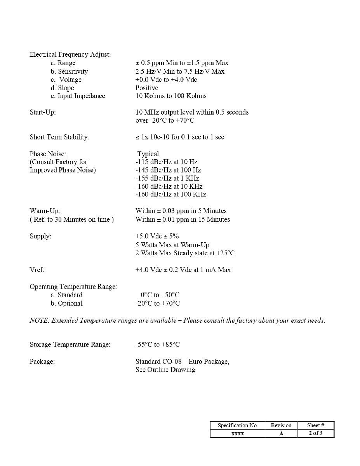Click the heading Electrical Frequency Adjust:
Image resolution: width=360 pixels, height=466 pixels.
[70, 54]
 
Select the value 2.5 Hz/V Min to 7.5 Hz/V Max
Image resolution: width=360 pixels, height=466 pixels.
[180, 71]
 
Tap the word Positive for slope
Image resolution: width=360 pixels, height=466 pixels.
[146, 88]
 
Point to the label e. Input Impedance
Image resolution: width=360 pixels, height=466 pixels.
[78, 96]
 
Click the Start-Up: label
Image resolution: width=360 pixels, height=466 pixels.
[42, 112]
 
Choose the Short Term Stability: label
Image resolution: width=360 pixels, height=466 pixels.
[59, 137]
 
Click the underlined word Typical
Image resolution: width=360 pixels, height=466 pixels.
[148, 154]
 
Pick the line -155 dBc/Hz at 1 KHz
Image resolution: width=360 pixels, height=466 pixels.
[167, 178]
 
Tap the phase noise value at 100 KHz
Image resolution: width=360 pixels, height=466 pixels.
[170, 195]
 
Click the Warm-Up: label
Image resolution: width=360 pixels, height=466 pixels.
[45, 211]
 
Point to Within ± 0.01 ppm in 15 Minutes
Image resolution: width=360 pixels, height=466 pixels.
[183, 219]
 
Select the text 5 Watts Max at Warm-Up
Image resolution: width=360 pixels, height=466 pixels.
[172, 245]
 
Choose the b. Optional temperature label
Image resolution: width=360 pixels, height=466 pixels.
[66, 303]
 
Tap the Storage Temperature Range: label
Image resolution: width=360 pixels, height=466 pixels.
[70, 344]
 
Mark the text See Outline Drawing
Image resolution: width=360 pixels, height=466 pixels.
[165, 370]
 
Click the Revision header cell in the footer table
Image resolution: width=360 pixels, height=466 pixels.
[281, 425]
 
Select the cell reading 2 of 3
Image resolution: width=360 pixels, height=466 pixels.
[315, 433]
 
